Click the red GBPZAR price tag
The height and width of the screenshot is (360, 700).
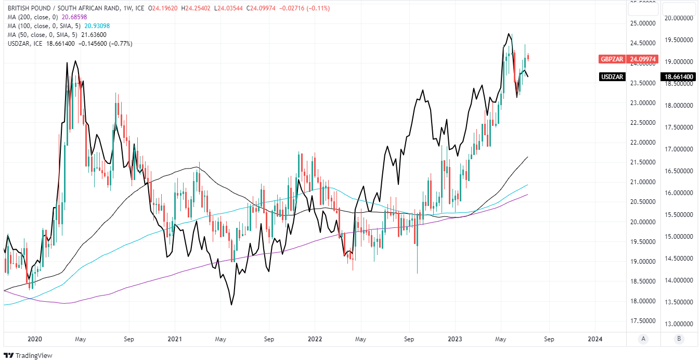point(613,59)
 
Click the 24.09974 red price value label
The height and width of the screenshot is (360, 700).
point(643,59)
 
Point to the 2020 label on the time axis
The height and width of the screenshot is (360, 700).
point(34,339)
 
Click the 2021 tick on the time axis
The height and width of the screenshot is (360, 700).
point(175,339)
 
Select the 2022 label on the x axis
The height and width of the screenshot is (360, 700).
point(315,339)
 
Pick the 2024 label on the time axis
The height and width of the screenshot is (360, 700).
point(595,339)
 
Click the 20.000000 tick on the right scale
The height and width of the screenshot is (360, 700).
point(679,18)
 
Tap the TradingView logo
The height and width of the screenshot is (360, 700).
point(31,356)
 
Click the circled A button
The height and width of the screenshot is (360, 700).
point(643,339)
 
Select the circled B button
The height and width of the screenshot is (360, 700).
point(679,339)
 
